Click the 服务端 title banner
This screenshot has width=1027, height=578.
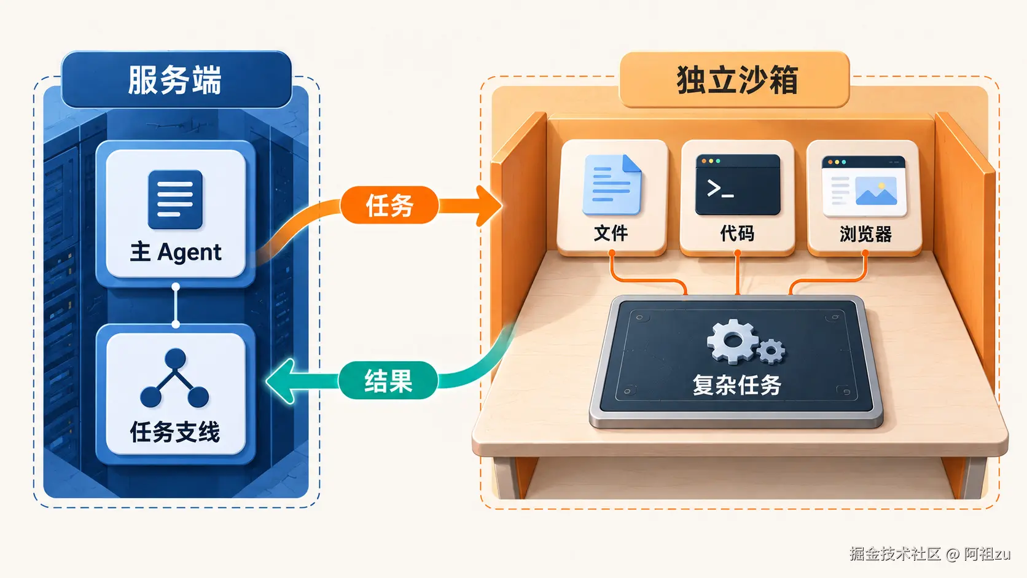(x=176, y=79)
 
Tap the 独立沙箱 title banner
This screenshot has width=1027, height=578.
(x=735, y=79)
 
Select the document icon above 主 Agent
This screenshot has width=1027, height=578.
(x=175, y=200)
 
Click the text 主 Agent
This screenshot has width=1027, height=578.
(x=176, y=252)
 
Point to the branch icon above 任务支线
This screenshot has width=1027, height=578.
(x=174, y=378)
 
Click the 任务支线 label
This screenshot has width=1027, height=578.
(x=175, y=432)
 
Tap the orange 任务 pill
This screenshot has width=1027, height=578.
(x=389, y=205)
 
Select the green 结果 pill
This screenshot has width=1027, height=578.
(x=388, y=380)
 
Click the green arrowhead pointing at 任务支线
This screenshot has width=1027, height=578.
(x=279, y=381)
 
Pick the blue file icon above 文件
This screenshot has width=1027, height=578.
(x=612, y=185)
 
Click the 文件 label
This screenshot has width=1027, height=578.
(x=611, y=233)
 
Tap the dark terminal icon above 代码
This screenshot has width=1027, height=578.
(x=738, y=185)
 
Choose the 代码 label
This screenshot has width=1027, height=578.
(x=737, y=233)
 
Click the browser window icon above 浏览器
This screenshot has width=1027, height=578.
(x=864, y=186)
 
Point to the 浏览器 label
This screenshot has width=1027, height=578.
(x=865, y=234)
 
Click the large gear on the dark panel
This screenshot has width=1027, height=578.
(x=733, y=342)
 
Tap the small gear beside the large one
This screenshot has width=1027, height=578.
(x=771, y=351)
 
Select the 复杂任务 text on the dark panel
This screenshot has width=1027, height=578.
(x=737, y=385)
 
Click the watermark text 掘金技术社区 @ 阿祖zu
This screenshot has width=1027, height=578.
(x=929, y=553)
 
